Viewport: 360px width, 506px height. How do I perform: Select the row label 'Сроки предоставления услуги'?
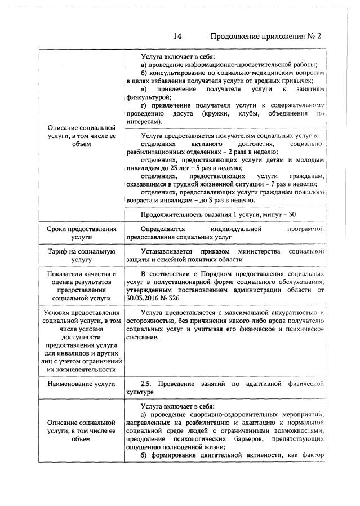coord(82,233)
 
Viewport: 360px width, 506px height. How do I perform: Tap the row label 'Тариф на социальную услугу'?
coord(82,255)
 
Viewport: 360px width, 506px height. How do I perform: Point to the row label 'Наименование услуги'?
coord(82,384)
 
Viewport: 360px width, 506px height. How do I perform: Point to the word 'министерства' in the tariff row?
coord(259,251)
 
